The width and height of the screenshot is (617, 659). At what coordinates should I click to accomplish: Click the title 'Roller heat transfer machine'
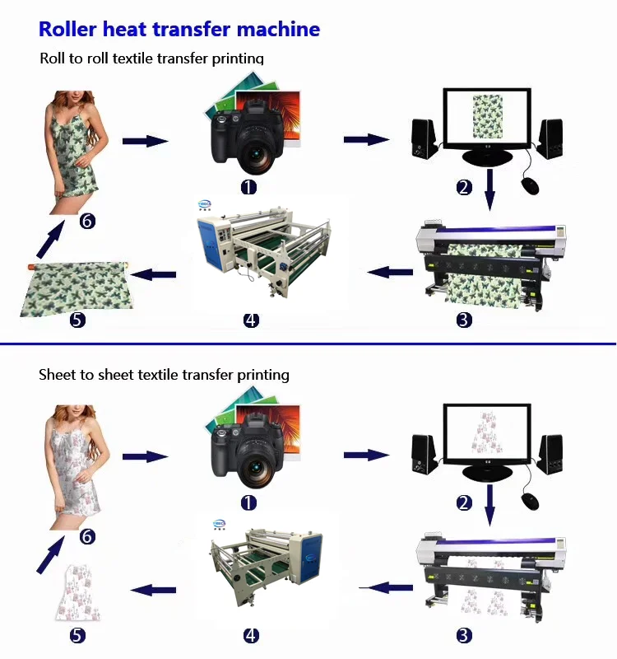tap(179, 30)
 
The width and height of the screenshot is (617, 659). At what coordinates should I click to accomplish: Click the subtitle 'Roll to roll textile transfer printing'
tap(152, 58)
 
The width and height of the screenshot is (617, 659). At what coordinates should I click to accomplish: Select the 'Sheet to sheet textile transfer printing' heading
tap(164, 375)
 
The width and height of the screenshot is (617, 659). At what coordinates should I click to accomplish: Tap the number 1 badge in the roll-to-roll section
tap(248, 187)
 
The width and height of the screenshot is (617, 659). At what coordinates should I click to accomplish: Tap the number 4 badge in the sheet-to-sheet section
tap(252, 635)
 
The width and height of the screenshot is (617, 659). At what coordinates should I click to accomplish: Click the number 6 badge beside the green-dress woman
tap(87, 221)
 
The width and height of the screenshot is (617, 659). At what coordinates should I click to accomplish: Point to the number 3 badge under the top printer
tap(464, 320)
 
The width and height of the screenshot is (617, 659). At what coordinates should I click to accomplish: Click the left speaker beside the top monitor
tap(424, 141)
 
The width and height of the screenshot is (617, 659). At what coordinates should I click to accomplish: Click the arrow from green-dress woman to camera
tap(145, 141)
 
